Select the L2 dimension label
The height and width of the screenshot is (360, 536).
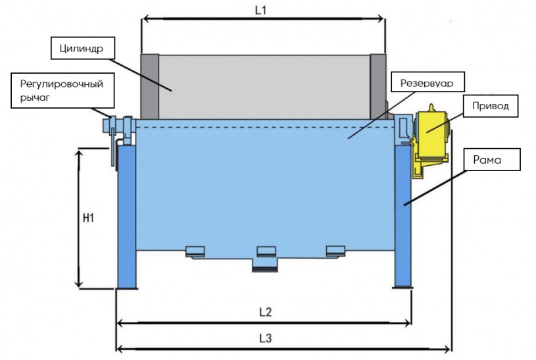click(x=265, y=312)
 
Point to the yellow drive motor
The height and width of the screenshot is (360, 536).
click(x=431, y=138)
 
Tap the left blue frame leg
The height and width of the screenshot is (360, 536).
click(x=126, y=217)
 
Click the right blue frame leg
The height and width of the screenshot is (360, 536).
click(x=402, y=217)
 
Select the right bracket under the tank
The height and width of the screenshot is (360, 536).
click(x=335, y=251)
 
